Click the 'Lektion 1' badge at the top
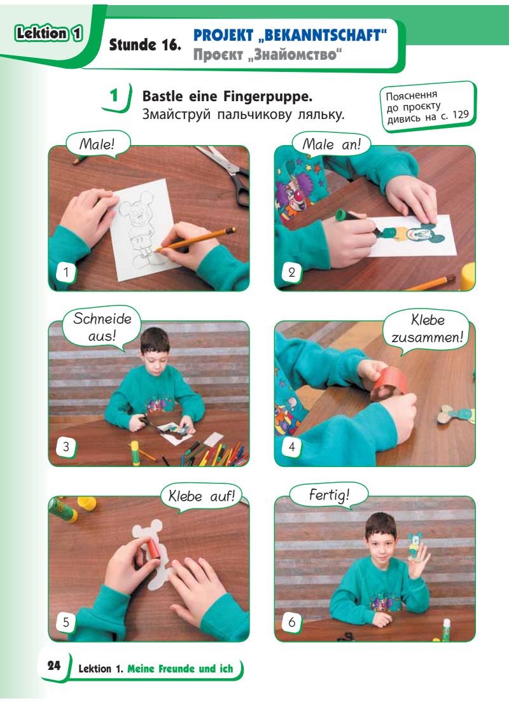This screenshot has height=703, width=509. (49, 34)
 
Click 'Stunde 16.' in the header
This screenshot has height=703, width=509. (145, 45)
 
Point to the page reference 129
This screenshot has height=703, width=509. (460, 115)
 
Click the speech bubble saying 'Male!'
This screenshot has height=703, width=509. (97, 144)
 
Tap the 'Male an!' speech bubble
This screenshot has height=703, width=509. (331, 144)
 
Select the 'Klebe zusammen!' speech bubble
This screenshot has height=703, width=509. (426, 329)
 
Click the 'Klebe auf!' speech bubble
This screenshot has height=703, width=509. (201, 496)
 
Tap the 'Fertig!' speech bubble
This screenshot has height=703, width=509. (329, 495)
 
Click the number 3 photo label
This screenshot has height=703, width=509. (66, 447)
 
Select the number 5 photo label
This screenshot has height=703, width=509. (66, 622)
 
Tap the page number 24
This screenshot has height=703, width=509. (54, 666)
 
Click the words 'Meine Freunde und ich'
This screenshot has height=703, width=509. (180, 669)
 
